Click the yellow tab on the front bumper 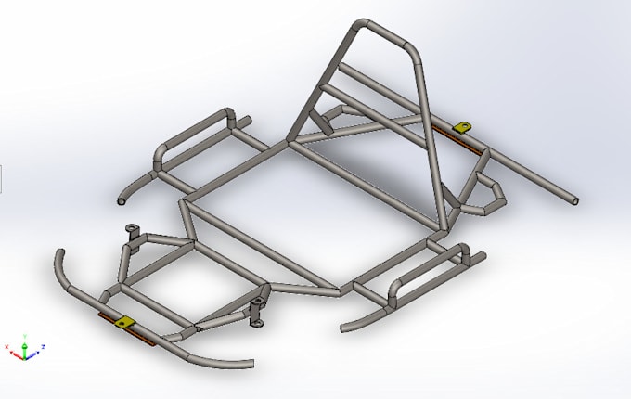(x=123, y=322)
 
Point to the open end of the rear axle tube (x=575, y=199)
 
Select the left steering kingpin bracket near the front (x=132, y=232)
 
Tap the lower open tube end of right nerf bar (x=345, y=326)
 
